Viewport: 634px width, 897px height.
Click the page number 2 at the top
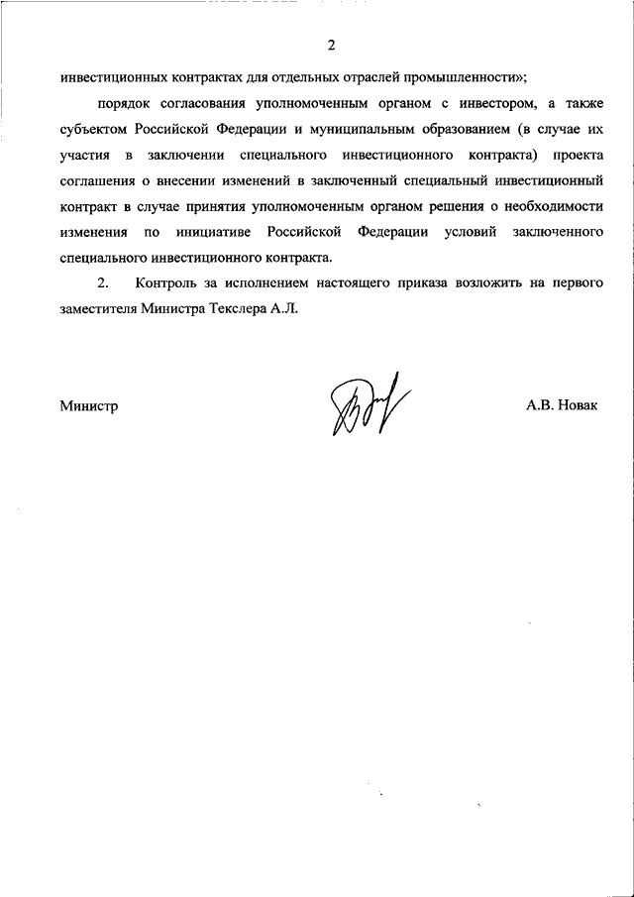point(332,46)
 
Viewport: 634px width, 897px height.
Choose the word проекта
point(578,157)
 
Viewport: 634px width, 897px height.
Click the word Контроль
point(171,283)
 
